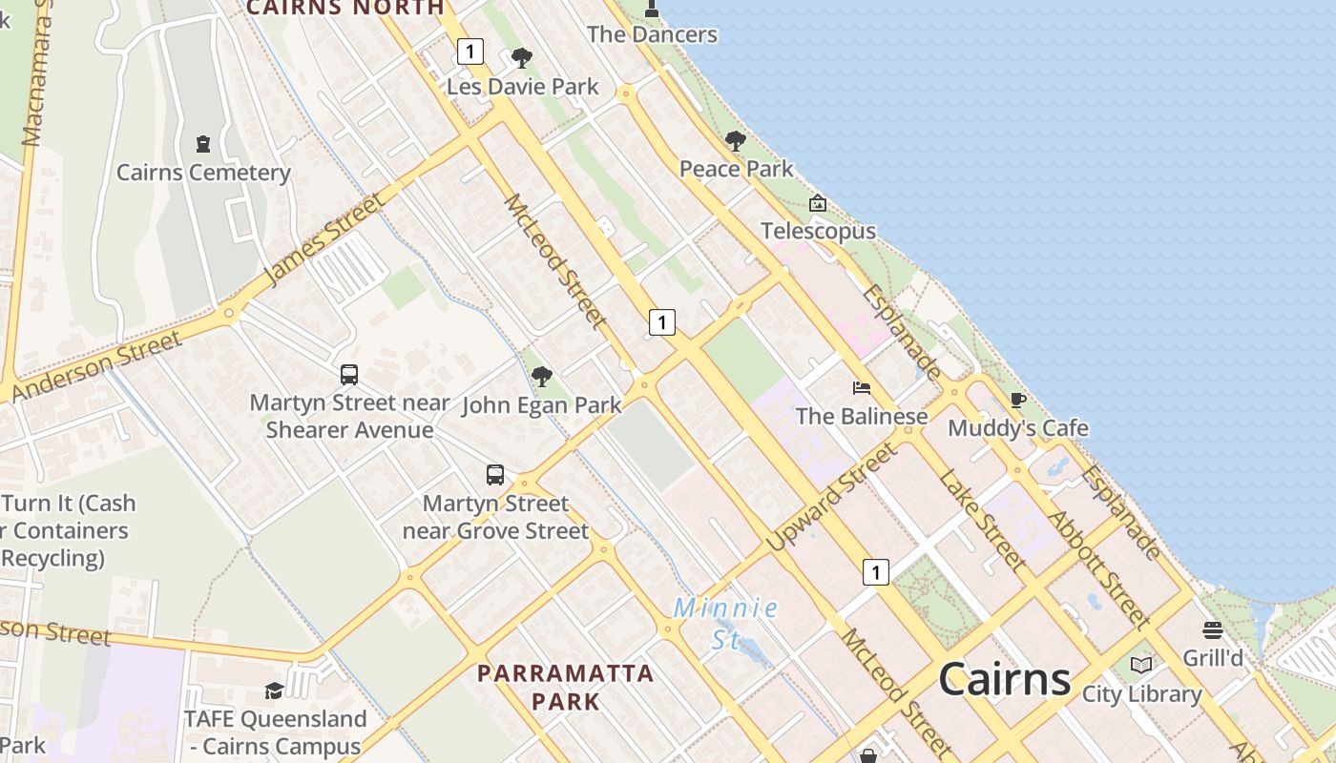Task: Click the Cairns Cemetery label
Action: pyautogui.click(x=203, y=173)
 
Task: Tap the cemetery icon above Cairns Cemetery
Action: pyautogui.click(x=202, y=144)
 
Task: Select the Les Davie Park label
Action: pyautogui.click(x=523, y=87)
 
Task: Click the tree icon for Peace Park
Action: pyautogui.click(x=735, y=141)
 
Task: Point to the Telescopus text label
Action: pyautogui.click(x=818, y=231)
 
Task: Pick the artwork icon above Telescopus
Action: pyautogui.click(x=818, y=203)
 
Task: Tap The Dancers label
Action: pyautogui.click(x=652, y=34)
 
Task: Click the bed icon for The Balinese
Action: pyautogui.click(x=862, y=388)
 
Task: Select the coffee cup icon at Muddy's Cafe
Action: pyautogui.click(x=1017, y=400)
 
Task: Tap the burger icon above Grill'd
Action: pyautogui.click(x=1213, y=630)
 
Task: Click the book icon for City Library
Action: pyautogui.click(x=1141, y=665)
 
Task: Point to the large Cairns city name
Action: pyautogui.click(x=1005, y=679)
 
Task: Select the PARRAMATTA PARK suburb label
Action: pyautogui.click(x=566, y=687)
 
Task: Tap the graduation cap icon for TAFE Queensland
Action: pyautogui.click(x=275, y=691)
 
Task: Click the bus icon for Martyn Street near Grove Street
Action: pyautogui.click(x=495, y=475)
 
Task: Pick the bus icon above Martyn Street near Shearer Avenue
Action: pyautogui.click(x=349, y=375)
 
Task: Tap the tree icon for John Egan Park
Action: pyautogui.click(x=542, y=377)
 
